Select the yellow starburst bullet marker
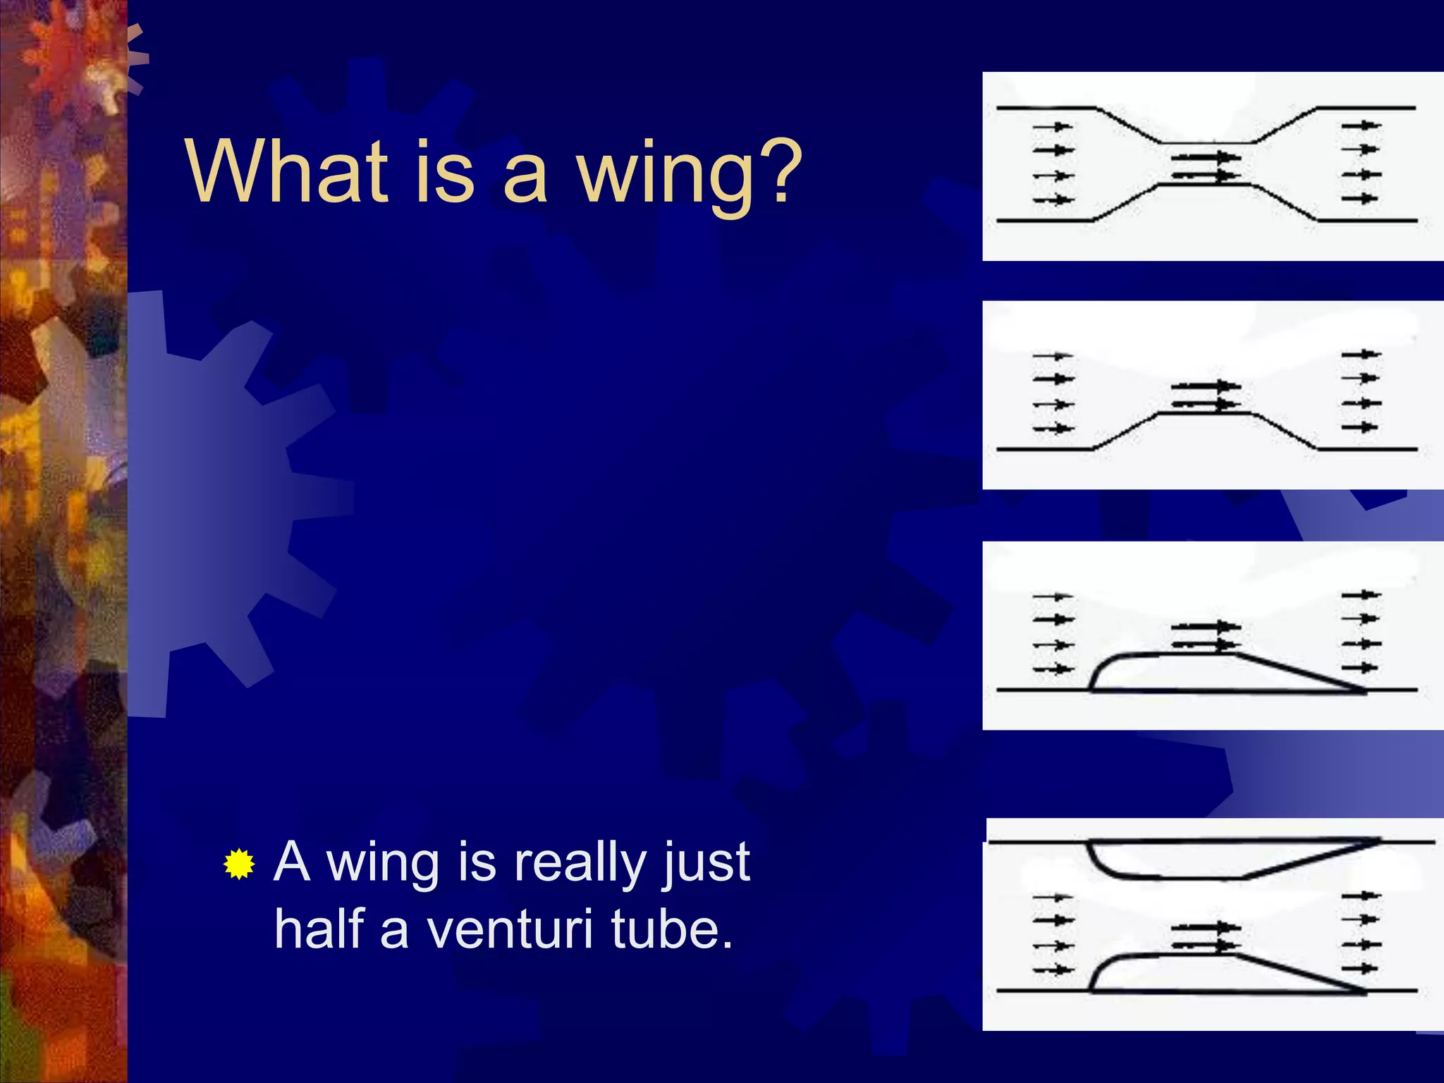tap(239, 864)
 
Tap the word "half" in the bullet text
tap(319, 929)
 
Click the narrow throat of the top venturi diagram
tap(1206, 164)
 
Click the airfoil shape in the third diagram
tap(1199, 673)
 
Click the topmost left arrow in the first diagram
tap(1053, 127)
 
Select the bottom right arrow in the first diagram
tap(1360, 199)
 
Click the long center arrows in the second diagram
tap(1206, 395)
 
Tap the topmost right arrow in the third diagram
tap(1360, 595)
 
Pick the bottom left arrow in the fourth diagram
tap(1053, 970)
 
